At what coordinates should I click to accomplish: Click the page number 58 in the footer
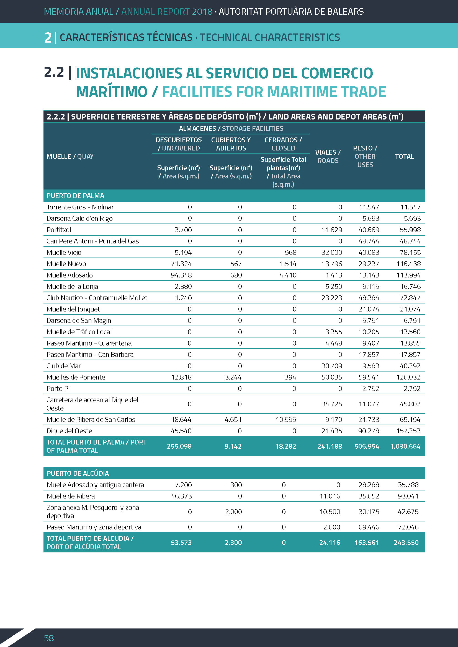coord(49,638)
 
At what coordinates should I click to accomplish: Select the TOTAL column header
coord(404,156)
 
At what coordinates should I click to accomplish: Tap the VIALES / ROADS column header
coord(328,156)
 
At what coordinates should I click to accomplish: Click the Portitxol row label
coord(59,230)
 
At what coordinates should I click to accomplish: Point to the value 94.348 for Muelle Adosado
coord(181,275)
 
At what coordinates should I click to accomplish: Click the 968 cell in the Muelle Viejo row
coord(290,253)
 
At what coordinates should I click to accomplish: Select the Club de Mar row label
coord(63,366)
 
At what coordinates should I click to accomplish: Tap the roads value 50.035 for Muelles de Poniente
coord(331,377)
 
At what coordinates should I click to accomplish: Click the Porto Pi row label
coord(58,388)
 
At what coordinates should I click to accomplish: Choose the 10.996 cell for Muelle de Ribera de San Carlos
coord(286,419)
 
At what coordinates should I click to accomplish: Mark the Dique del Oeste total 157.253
coord(408,431)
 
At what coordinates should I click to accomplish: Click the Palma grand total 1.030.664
coord(405,446)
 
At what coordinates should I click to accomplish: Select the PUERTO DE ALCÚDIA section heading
coord(78,473)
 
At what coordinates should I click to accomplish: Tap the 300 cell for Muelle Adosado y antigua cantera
coord(236,485)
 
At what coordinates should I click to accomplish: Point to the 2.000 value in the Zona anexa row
coord(233,511)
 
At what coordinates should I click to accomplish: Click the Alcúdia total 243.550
coord(406,542)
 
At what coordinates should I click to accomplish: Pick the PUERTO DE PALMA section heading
coord(75,196)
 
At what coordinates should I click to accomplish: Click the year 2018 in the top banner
coord(202,12)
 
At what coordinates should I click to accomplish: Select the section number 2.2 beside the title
coord(54,72)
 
